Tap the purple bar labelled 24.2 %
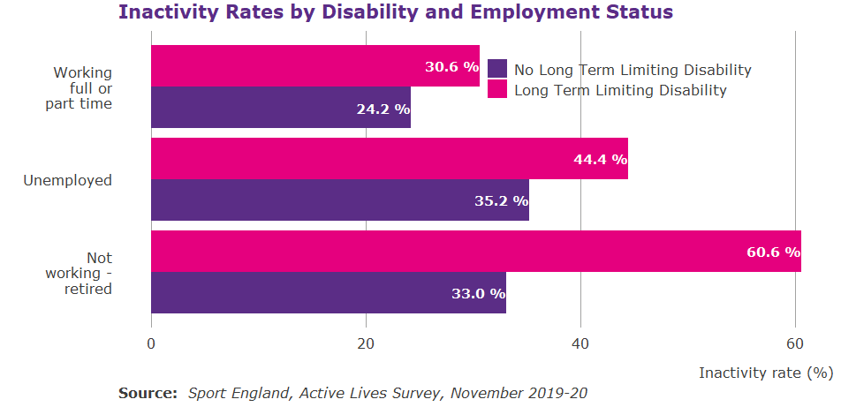281,108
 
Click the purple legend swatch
497,69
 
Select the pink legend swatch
497,89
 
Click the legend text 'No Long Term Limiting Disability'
632,70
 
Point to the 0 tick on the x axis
151,344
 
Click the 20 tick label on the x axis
366,344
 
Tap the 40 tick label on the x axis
580,344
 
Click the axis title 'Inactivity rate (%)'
766,373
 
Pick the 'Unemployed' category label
68,180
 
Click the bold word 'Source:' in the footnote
148,393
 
